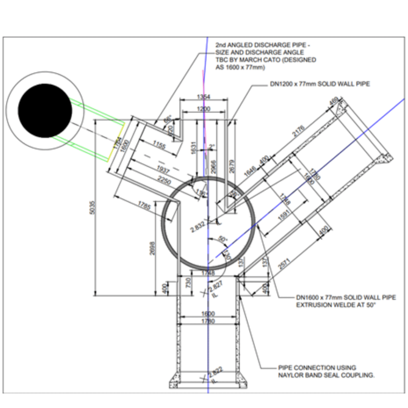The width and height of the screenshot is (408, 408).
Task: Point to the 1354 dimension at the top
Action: (204, 96)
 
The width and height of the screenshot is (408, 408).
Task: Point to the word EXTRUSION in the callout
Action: (314, 305)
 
